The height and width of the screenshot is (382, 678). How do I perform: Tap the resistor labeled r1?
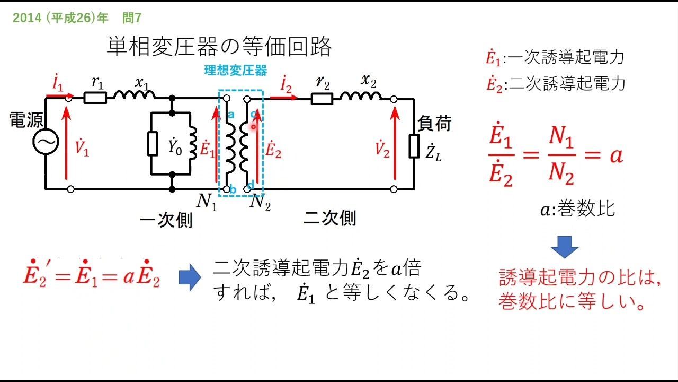(x=96, y=98)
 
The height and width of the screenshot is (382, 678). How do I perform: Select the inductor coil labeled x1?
(x=135, y=95)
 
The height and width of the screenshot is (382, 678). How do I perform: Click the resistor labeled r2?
(x=322, y=98)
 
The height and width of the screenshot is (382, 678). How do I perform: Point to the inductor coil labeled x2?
(x=360, y=95)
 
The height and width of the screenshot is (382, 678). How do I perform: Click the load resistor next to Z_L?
(x=414, y=146)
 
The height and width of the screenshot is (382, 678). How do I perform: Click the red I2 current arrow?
(x=284, y=98)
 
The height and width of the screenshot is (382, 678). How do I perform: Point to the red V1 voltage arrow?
(x=66, y=143)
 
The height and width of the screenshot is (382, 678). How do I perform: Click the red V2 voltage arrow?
(x=395, y=143)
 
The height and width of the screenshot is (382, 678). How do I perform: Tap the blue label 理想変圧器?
(x=236, y=71)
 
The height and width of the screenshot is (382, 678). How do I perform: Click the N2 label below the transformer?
(x=260, y=202)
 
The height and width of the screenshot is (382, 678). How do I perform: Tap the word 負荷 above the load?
(x=434, y=124)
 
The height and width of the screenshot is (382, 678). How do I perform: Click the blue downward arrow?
(x=564, y=247)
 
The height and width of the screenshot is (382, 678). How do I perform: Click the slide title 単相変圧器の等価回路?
(x=219, y=47)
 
